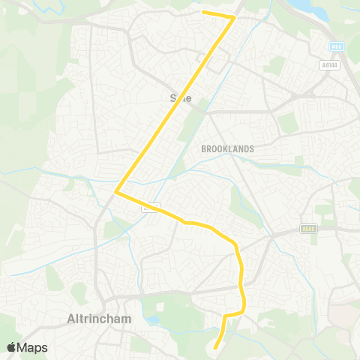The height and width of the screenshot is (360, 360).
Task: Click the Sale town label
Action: [181, 97]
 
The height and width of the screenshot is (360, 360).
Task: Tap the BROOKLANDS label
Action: [227, 149]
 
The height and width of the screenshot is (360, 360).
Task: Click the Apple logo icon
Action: [12, 347]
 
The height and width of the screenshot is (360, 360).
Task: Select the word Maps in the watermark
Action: [33, 347]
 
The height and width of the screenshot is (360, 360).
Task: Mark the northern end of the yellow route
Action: [204, 12]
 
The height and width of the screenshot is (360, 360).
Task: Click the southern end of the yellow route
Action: [215, 346]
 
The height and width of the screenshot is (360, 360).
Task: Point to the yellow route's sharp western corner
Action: [115, 192]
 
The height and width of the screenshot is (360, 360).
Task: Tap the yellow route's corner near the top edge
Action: [234, 16]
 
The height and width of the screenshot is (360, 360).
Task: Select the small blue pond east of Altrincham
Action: [154, 320]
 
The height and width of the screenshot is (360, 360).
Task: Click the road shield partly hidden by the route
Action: [150, 206]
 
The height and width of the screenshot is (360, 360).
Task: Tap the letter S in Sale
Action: [173, 97]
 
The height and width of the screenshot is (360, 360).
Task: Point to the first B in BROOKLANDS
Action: [204, 149]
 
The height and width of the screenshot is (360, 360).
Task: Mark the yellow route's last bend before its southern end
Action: [226, 314]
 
